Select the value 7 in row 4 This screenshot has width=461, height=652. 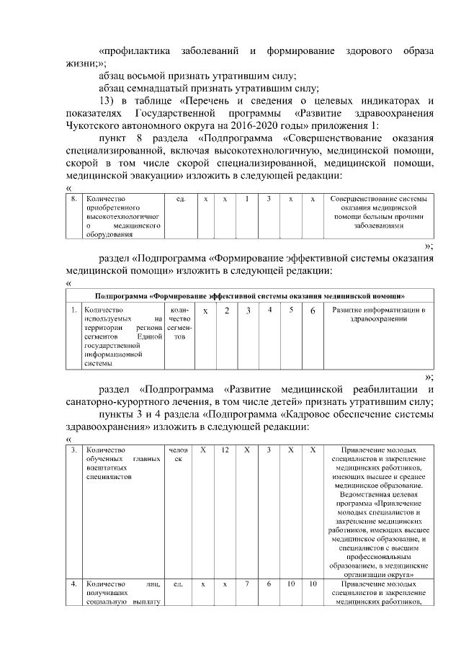[x=246, y=584]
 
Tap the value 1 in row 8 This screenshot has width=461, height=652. [x=246, y=198]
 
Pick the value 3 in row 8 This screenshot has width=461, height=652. [x=268, y=198]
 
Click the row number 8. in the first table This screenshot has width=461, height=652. [x=74, y=198]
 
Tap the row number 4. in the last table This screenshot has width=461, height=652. [x=74, y=584]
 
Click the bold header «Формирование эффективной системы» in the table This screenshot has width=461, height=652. [x=250, y=295]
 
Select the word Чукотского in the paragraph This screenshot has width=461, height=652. [x=92, y=126]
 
